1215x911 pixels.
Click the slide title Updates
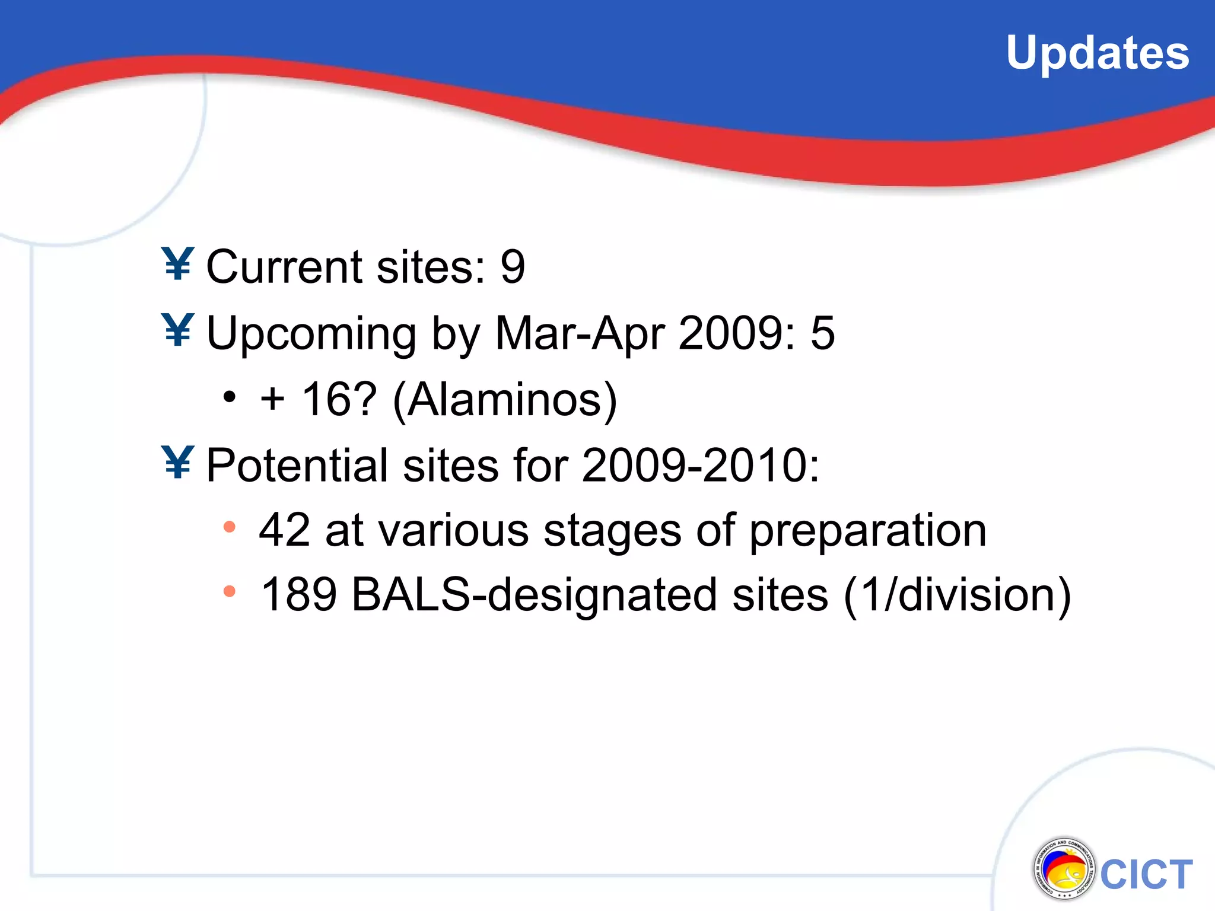[1097, 53]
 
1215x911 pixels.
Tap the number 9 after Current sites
[513, 267]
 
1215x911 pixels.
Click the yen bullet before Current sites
[178, 264]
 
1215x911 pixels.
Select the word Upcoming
[311, 334]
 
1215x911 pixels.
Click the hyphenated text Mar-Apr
[578, 334]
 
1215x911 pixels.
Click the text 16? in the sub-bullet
[339, 399]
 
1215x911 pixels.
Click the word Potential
[297, 465]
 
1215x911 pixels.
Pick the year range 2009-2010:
[700, 465]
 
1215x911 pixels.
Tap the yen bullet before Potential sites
[178, 462]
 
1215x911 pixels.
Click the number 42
[284, 530]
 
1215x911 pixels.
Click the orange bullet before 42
[230, 527]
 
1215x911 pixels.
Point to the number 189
[298, 594]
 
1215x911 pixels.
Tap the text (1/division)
[957, 595]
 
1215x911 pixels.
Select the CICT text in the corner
[1146, 874]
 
